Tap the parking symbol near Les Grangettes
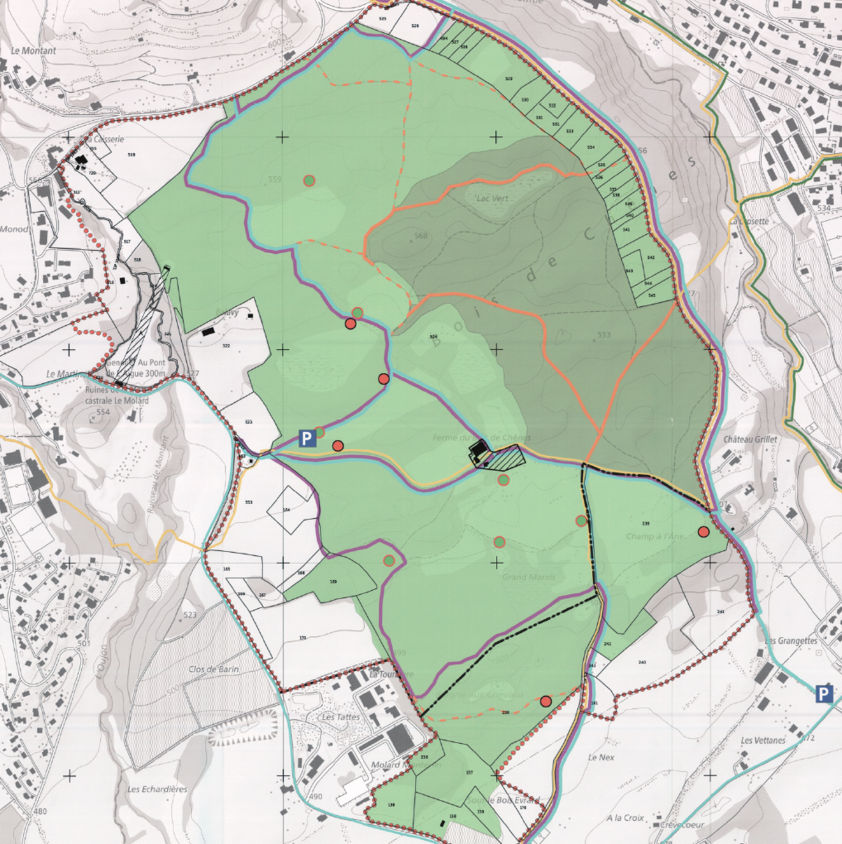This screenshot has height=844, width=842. [823, 693]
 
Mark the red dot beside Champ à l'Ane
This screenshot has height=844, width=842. [704, 532]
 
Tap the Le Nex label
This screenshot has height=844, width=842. [598, 757]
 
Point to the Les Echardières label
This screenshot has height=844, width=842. [157, 789]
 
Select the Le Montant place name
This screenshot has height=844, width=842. [34, 50]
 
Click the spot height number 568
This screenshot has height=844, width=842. [421, 236]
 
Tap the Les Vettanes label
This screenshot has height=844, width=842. [763, 741]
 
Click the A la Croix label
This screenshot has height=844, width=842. [624, 818]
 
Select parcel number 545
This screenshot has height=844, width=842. [653, 295]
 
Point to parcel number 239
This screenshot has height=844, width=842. [645, 524]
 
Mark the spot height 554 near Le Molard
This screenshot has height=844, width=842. [103, 412]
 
